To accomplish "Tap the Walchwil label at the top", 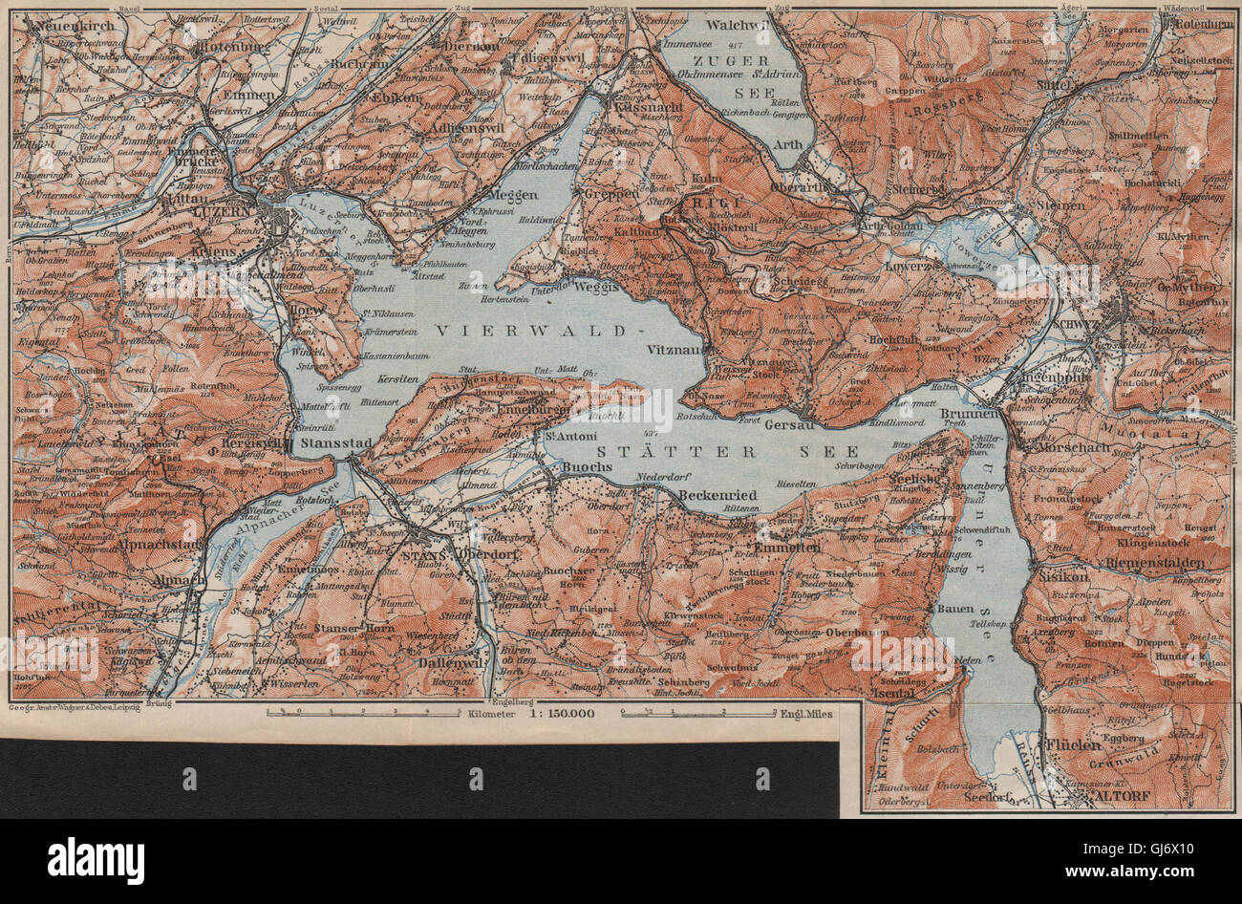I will pos(742,26).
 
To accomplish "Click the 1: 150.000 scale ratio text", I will pos(560,713).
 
